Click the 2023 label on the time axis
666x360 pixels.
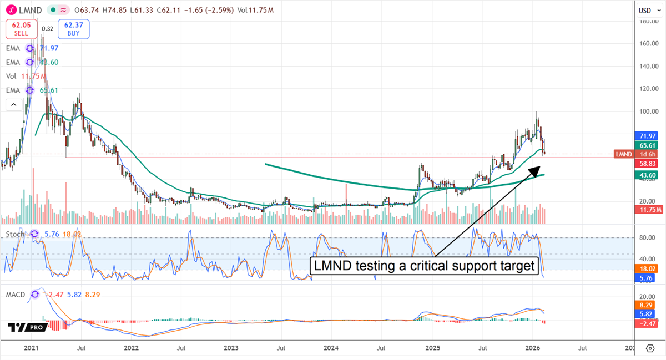[x=231, y=348]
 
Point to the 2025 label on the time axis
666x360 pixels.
[x=432, y=348]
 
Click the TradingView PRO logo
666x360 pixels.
[x=27, y=328]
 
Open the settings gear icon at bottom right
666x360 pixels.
[x=650, y=348]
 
